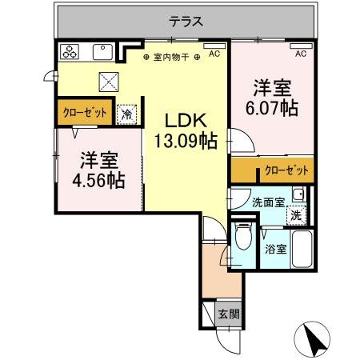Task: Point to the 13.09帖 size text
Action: tap(186, 142)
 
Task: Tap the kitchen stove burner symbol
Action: tap(70, 53)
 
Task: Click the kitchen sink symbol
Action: tap(102, 53)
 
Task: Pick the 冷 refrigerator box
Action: tap(126, 114)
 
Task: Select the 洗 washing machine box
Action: tap(295, 215)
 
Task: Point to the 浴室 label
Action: tap(275, 249)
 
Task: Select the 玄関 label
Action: tap(227, 314)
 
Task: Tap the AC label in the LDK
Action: tap(214, 55)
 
